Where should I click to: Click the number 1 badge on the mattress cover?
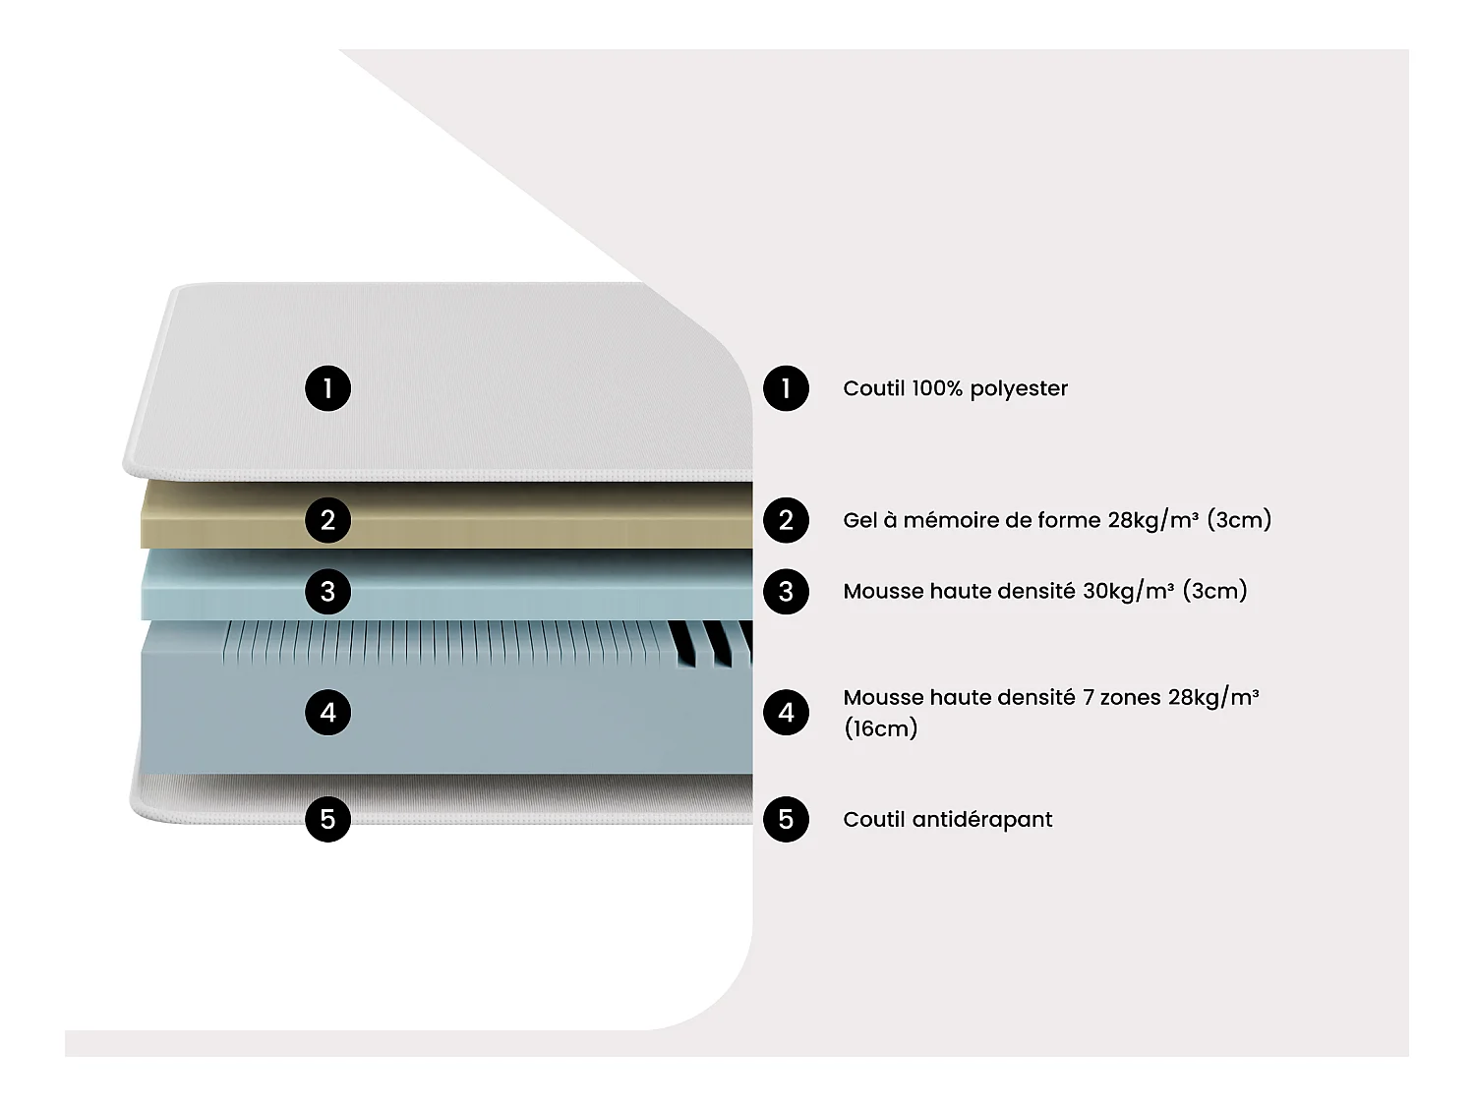(x=327, y=388)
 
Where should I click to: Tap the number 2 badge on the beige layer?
(x=327, y=519)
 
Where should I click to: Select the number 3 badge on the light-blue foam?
(x=327, y=592)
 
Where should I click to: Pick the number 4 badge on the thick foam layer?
(x=327, y=712)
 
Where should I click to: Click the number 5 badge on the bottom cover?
(x=327, y=819)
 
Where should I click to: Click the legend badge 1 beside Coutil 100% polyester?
(x=786, y=388)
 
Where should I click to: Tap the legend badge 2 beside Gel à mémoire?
(x=786, y=520)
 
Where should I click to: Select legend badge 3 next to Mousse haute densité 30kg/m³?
(x=786, y=592)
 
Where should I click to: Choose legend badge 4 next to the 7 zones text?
(x=786, y=713)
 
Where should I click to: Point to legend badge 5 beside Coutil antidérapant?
(x=786, y=819)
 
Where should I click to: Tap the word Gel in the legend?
(x=859, y=520)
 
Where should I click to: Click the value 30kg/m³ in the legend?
(x=1128, y=591)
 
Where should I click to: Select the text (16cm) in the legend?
(x=880, y=728)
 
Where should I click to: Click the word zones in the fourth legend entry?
(x=1130, y=698)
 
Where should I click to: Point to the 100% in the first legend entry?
(x=936, y=388)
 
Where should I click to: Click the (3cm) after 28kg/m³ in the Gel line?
(x=1238, y=520)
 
